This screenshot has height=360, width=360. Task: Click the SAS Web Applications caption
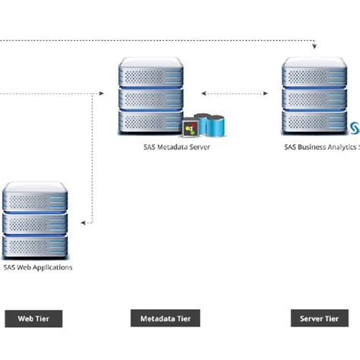(x=38, y=267)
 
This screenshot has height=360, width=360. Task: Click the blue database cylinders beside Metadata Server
(x=210, y=123)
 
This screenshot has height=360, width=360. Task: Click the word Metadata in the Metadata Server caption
(x=160, y=147)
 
